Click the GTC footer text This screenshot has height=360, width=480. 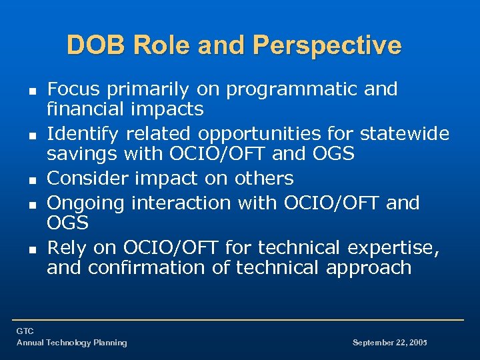pos(25,331)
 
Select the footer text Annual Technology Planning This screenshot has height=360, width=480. pos(71,343)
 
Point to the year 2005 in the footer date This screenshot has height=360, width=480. pos(417,343)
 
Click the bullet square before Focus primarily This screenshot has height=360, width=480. pos(31,90)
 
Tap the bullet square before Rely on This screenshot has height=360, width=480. pos(31,249)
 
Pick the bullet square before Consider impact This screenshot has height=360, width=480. pos(31,179)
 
